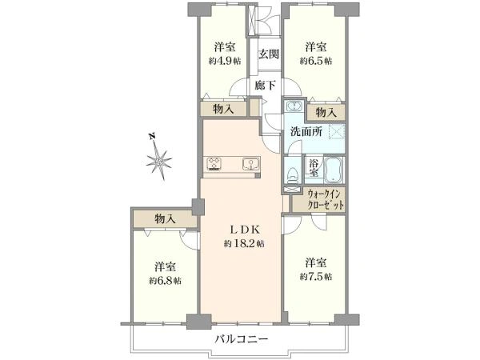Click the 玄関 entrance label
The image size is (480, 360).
(269, 54)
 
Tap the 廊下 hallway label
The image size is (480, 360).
(265, 85)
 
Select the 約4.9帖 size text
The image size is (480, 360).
(225, 61)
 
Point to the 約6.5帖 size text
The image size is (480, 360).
(316, 61)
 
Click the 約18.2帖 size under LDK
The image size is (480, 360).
(244, 244)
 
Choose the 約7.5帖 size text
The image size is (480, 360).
(316, 277)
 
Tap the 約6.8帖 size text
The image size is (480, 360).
(165, 281)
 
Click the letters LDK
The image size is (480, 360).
(245, 230)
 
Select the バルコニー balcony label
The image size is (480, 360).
(242, 339)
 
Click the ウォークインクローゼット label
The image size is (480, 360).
(326, 199)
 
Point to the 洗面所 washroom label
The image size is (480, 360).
(306, 132)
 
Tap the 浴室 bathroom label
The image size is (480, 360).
(313, 167)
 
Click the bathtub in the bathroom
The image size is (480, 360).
(334, 170)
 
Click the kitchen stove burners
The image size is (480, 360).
(214, 163)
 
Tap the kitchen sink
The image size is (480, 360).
(251, 164)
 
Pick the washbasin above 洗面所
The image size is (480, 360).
(294, 106)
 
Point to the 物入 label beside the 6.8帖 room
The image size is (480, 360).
(165, 218)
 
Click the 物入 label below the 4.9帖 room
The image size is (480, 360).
(223, 109)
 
